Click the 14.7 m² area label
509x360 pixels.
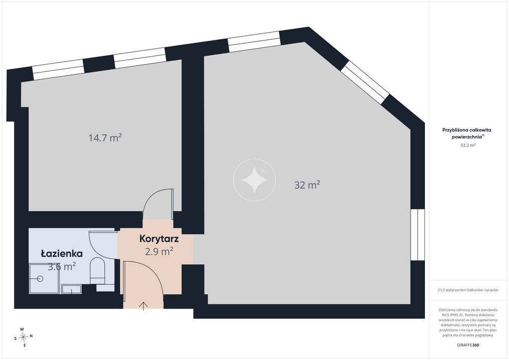(x=105, y=138)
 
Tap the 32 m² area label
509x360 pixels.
(x=307, y=184)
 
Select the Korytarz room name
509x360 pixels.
(x=159, y=239)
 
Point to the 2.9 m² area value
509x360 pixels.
(x=159, y=251)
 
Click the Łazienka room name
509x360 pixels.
(x=62, y=254)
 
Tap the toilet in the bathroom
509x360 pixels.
(x=97, y=270)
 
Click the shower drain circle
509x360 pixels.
(x=40, y=278)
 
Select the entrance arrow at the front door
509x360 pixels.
(x=143, y=306)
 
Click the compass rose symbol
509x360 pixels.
(x=23, y=337)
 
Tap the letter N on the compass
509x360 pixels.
(x=31, y=336)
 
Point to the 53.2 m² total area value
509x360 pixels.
(x=468, y=145)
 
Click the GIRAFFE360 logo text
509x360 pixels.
(x=468, y=345)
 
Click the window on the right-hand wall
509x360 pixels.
(x=418, y=235)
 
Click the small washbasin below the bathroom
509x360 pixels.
(x=72, y=289)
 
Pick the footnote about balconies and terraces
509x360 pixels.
(x=468, y=290)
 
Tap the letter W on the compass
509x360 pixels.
(x=22, y=329)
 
